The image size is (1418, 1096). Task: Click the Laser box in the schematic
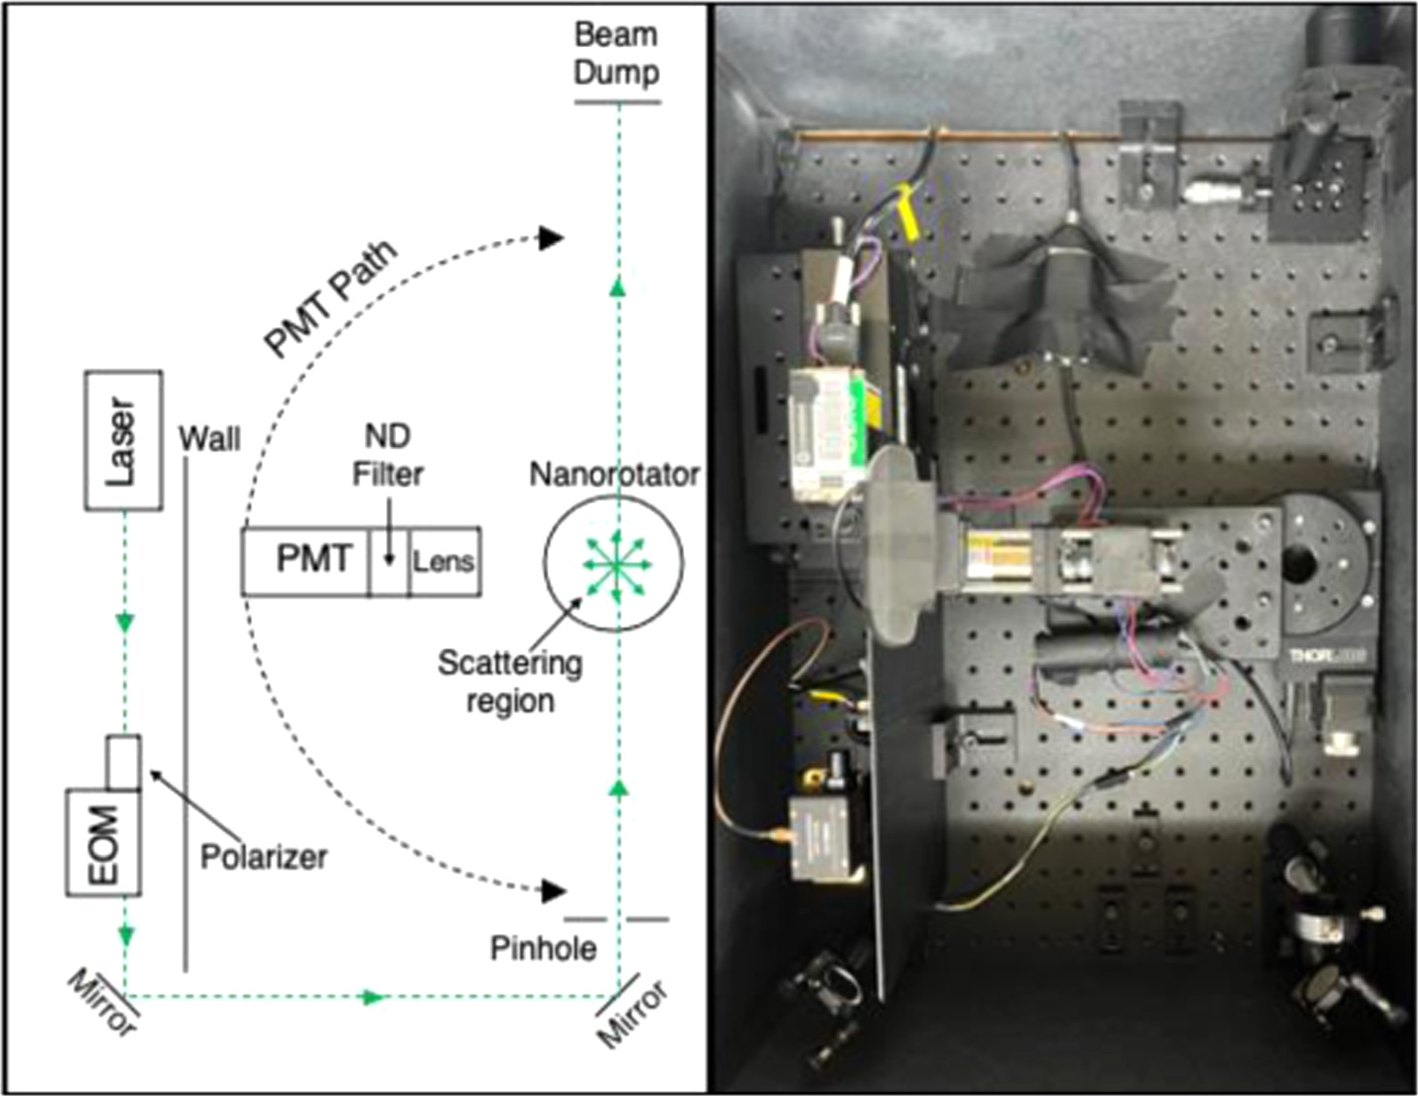pos(123,440)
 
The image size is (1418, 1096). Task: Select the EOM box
pos(103,842)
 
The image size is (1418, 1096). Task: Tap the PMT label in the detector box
pos(314,560)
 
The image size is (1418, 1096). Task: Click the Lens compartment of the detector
pos(444,562)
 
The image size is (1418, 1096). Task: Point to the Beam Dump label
pos(616,53)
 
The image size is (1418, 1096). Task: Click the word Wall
pos(210,439)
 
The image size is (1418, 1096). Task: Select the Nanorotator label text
pos(614,474)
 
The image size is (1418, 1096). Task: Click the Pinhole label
pos(544,948)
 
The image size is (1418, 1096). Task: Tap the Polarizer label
pos(263,857)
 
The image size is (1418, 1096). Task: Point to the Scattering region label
pos(510,681)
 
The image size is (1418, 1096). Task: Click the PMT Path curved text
pos(331,298)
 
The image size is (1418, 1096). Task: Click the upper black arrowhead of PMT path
pos(552,238)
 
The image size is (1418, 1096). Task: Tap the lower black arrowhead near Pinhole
pos(553,890)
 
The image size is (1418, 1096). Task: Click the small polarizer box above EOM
pos(123,762)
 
